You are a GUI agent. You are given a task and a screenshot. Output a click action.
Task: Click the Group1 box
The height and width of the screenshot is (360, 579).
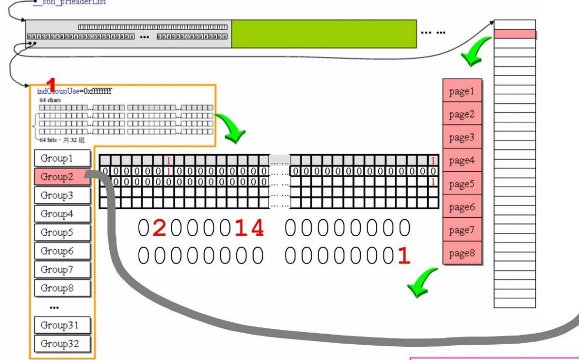click(x=61, y=158)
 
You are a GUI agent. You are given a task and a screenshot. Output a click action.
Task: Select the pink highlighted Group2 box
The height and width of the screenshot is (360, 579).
click(x=61, y=177)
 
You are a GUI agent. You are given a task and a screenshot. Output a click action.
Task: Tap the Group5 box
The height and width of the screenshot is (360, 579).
click(x=61, y=232)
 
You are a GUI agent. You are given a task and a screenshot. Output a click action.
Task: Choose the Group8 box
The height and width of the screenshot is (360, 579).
click(x=61, y=288)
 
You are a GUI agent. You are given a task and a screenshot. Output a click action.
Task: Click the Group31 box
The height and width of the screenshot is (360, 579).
click(x=61, y=325)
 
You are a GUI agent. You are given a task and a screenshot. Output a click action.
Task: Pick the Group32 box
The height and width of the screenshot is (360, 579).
click(x=61, y=344)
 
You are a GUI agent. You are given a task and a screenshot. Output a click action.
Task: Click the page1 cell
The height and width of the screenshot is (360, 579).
click(x=462, y=92)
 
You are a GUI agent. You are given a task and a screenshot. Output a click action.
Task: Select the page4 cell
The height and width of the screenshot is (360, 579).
click(x=462, y=161)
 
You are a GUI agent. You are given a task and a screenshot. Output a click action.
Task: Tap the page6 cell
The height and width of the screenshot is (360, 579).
click(x=462, y=207)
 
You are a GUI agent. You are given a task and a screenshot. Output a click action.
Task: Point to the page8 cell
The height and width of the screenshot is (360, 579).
click(x=462, y=254)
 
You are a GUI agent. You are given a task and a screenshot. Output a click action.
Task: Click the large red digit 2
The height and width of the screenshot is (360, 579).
click(x=159, y=228)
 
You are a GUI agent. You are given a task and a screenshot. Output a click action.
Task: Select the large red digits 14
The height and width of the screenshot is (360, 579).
click(x=248, y=228)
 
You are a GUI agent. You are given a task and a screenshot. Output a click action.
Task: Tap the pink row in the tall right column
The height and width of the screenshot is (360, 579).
click(x=515, y=34)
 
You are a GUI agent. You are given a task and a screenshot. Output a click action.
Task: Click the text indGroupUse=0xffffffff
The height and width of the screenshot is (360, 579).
click(x=74, y=91)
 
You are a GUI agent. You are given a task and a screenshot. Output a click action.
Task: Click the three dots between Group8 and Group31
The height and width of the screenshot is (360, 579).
click(x=54, y=307)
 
